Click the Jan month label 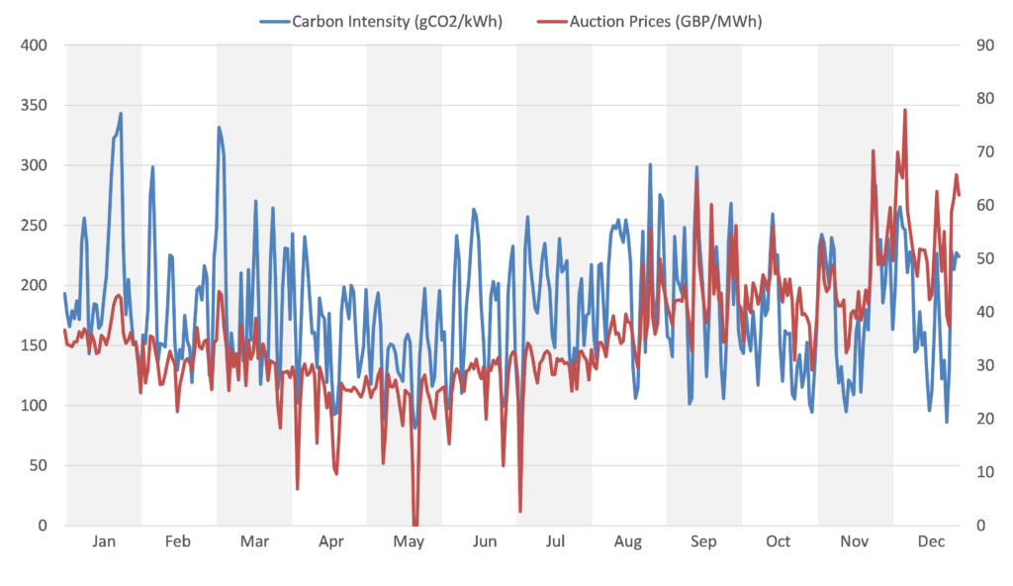(104, 542)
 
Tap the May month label (409, 542)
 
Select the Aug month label (627, 542)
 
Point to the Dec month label (931, 542)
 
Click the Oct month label (779, 542)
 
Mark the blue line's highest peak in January (121, 114)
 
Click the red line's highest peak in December (905, 109)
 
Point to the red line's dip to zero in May (415, 525)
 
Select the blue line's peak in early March (220, 128)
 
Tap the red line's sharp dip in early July (520, 511)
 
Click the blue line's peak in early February (152, 167)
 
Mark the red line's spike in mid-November (873, 151)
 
